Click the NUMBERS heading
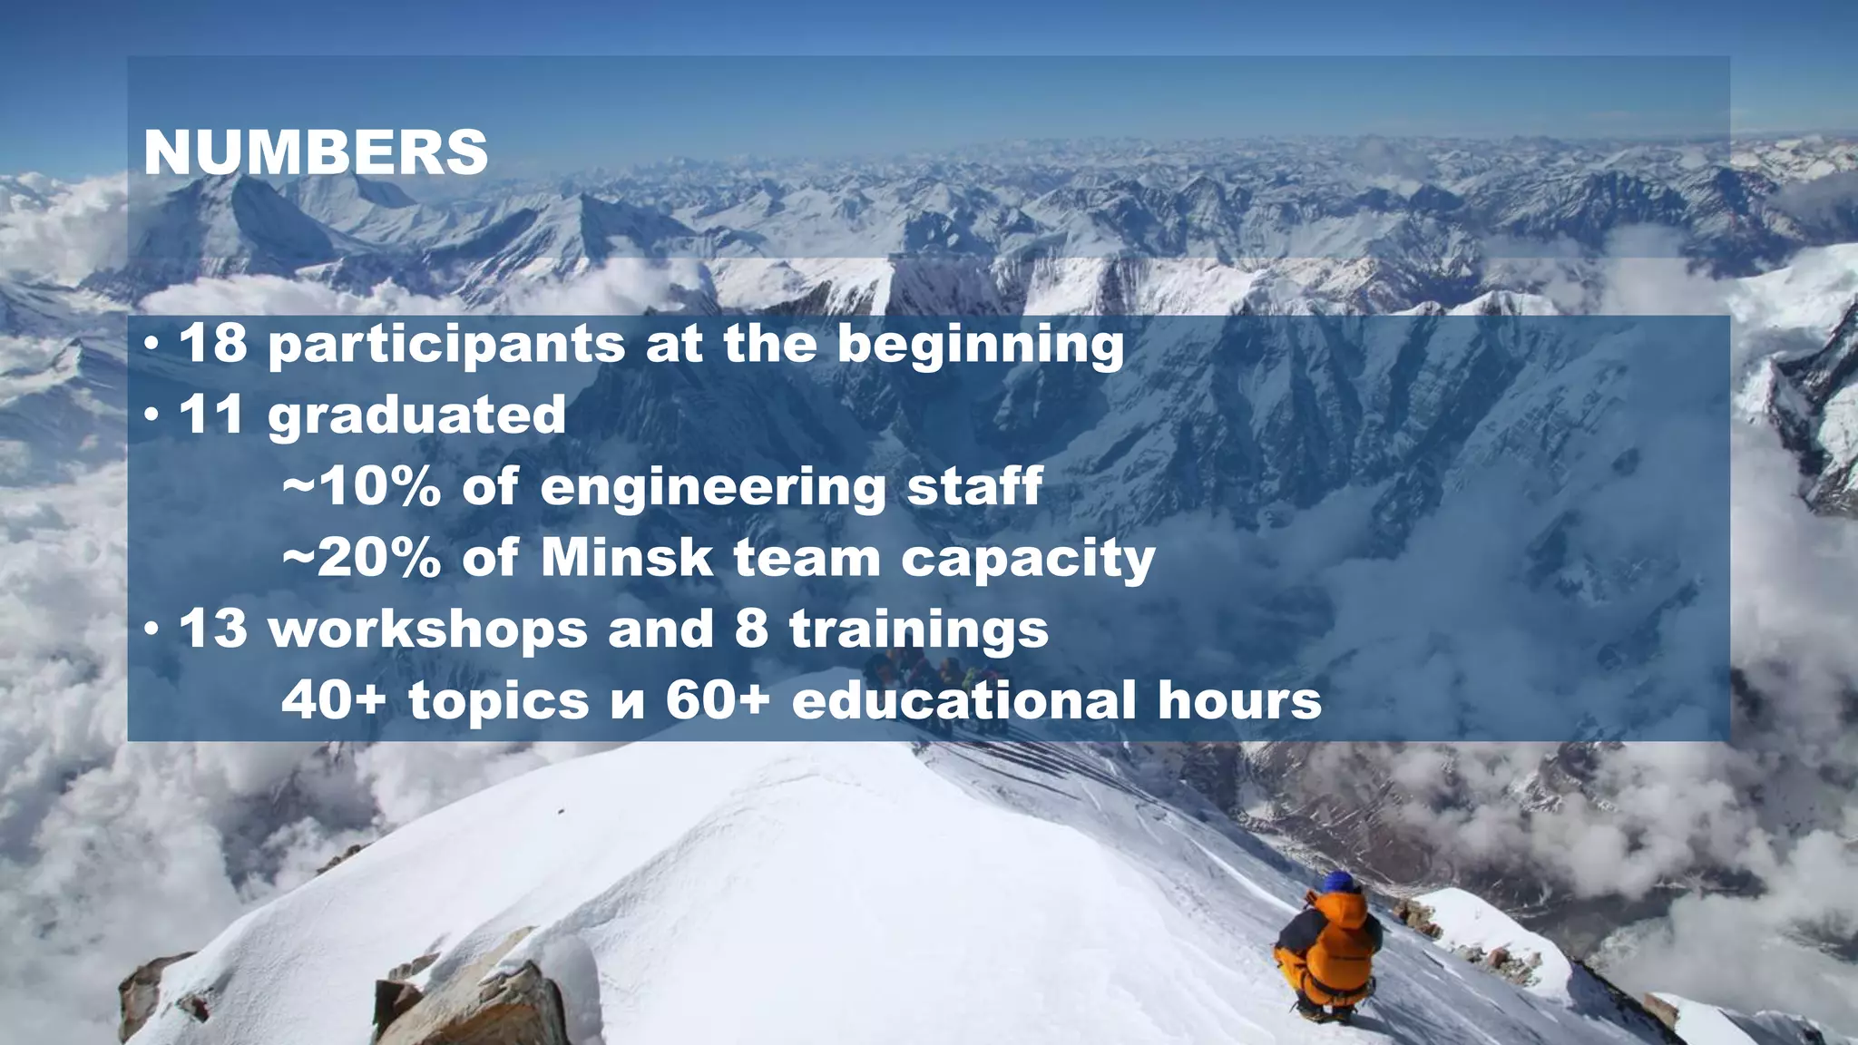316,151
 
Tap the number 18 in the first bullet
212,344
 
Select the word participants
446,346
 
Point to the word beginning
980,346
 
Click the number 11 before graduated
212,415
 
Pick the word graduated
416,416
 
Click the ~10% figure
362,486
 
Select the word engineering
713,488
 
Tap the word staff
975,486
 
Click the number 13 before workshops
212,629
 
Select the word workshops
428,630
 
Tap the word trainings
919,630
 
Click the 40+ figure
334,700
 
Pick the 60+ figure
718,700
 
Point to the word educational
963,700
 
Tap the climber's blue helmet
1339,882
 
